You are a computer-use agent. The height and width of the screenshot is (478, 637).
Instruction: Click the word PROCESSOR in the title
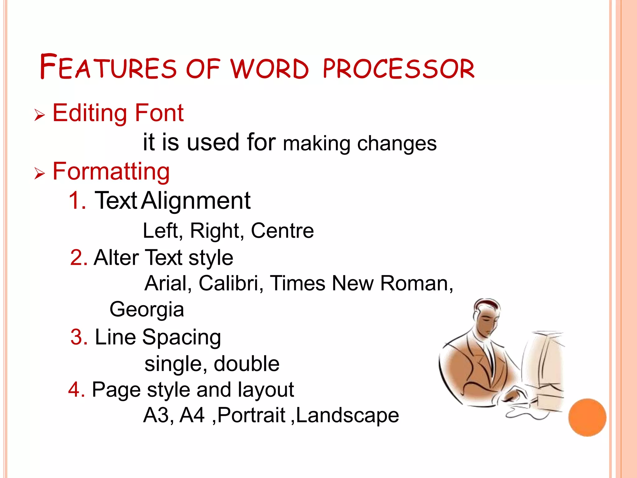pyautogui.click(x=399, y=68)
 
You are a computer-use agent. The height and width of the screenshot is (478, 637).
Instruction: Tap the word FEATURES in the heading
pyautogui.click(x=108, y=67)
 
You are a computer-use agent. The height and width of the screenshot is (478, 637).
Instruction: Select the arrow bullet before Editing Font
pyautogui.click(x=40, y=115)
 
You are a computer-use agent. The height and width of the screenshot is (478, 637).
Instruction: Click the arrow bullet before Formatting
pyautogui.click(x=40, y=173)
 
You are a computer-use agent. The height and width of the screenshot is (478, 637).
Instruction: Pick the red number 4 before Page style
pyautogui.click(x=76, y=390)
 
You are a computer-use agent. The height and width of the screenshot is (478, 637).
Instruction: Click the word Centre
pyautogui.click(x=282, y=231)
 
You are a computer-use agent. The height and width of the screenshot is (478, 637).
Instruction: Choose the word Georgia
pyautogui.click(x=147, y=310)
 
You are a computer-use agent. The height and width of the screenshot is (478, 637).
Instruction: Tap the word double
pyautogui.click(x=246, y=364)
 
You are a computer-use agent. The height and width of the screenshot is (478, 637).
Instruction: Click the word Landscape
pyautogui.click(x=347, y=415)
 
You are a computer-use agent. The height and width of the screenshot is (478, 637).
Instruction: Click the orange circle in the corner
pyautogui.click(x=587, y=418)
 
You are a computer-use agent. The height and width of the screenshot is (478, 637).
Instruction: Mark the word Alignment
pyautogui.click(x=196, y=201)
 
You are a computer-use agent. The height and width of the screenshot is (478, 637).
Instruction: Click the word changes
pyautogui.click(x=397, y=144)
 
